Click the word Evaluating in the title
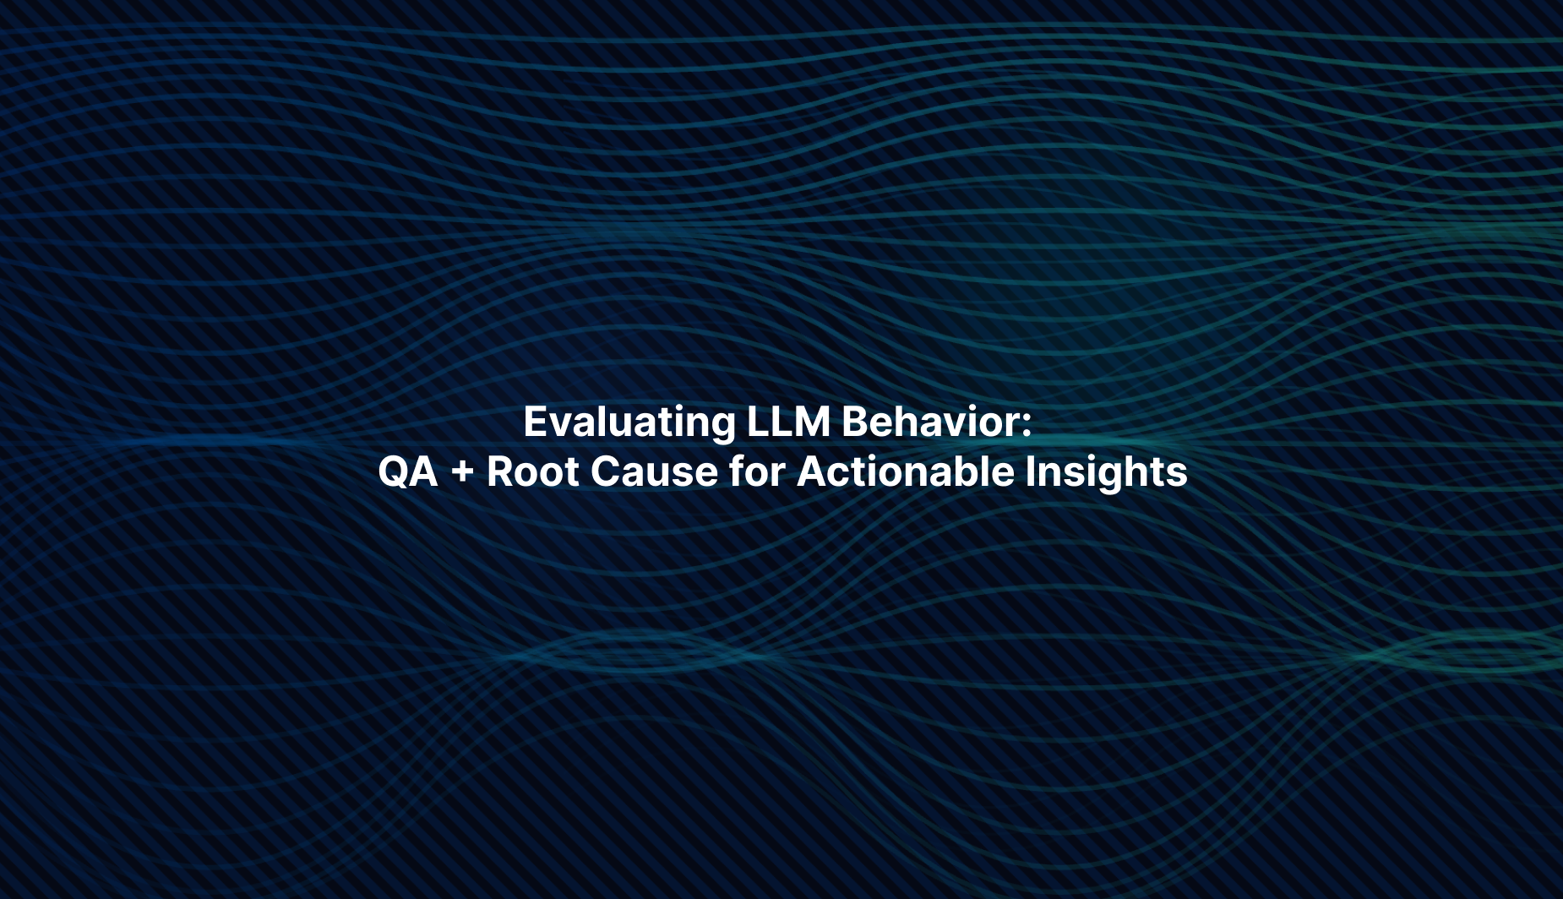[x=629, y=422]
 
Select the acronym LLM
[x=788, y=421]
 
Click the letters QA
[x=408, y=471]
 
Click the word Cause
[x=654, y=471]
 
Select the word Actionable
[x=905, y=471]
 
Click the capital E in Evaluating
[x=536, y=421]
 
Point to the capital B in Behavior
[x=856, y=421]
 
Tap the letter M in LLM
[x=814, y=421]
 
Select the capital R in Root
[x=501, y=471]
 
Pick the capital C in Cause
[x=606, y=471]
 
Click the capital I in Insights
[x=1030, y=471]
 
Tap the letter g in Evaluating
[x=723, y=428]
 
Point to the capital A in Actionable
[x=813, y=471]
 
